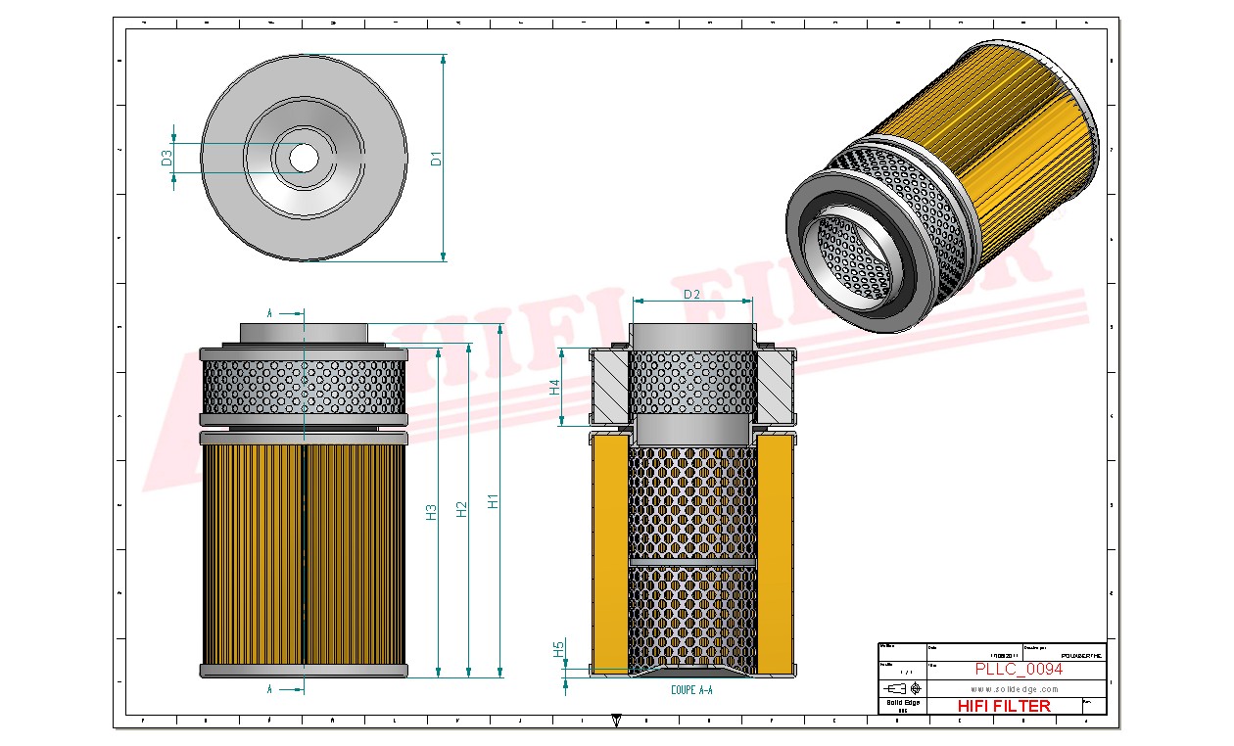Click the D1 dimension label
tap(437, 158)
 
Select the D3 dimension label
tap(166, 156)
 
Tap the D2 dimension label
tap(691, 294)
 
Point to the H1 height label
tap(494, 499)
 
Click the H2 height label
tap(462, 508)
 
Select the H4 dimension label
tap(554, 387)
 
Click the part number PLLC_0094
tap(1019, 670)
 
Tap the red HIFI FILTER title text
tap(1003, 706)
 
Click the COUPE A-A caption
tap(691, 690)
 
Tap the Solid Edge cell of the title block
tap(901, 705)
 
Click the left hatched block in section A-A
tap(608, 389)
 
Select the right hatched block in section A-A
tap(775, 389)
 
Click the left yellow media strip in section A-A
tap(609, 553)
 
